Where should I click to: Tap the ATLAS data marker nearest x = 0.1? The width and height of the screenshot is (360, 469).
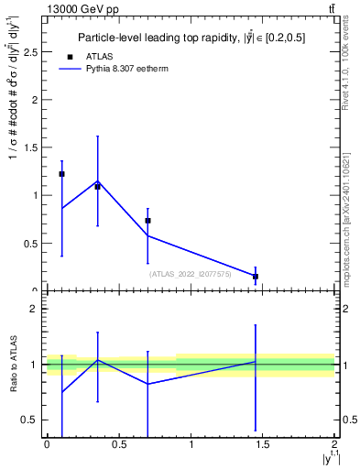(61, 174)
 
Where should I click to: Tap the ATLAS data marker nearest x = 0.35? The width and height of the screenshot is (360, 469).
(97, 186)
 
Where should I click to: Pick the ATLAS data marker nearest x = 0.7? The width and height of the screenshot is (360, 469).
(147, 221)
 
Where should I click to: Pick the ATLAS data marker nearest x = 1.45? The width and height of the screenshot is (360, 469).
(256, 276)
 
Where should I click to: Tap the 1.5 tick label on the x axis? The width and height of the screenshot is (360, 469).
(263, 444)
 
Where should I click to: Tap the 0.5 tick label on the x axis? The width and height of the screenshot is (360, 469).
(119, 444)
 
